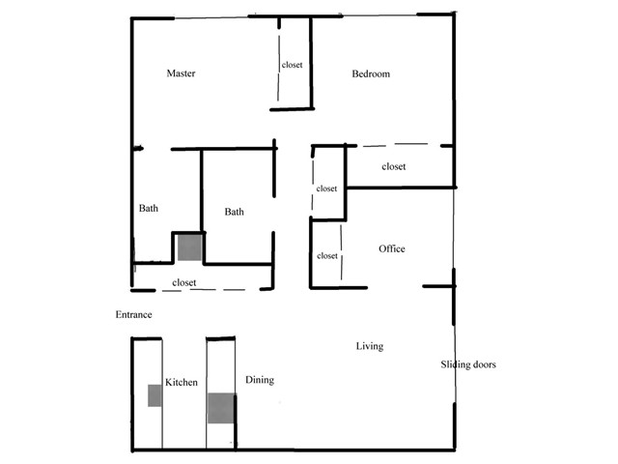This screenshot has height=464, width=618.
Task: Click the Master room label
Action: point(181,73)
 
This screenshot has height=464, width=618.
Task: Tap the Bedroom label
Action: point(371,73)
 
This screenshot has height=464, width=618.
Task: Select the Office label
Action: point(392,248)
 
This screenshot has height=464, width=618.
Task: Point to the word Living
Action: point(370,346)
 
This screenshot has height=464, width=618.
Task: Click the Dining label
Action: point(260,380)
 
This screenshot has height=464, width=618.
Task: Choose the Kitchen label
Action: point(182,382)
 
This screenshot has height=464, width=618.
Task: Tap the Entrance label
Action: point(133,314)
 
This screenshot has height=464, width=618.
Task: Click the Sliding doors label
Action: point(468,364)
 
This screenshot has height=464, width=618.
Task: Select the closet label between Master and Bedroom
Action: point(292,65)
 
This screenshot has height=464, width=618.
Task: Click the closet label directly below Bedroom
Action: point(394,166)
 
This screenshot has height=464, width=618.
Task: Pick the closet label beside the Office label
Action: point(327,255)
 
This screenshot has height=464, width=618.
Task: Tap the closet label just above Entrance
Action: point(184,282)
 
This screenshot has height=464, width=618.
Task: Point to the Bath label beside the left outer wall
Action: point(149,208)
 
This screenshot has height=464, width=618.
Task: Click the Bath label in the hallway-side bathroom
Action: point(234,212)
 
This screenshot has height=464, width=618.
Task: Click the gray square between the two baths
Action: point(189,247)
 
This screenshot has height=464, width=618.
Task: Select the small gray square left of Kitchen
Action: point(154,395)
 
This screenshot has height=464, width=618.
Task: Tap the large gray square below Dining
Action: point(221,408)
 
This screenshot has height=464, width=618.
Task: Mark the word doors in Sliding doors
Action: point(485,364)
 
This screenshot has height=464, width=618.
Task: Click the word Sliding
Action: point(455,364)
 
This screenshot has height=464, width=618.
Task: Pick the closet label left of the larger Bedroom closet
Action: point(326,188)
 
